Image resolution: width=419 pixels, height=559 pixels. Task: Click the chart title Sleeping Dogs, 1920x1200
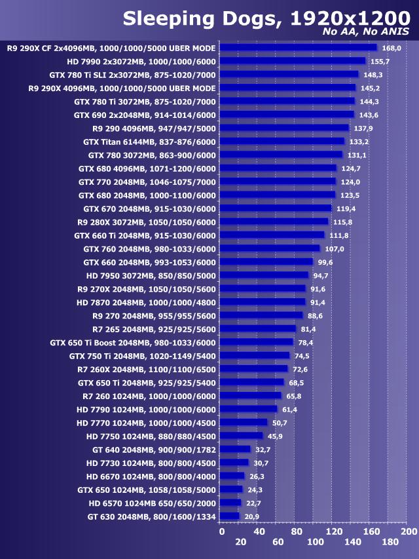tap(266, 17)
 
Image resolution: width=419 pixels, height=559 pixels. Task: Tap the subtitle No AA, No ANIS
tap(366, 31)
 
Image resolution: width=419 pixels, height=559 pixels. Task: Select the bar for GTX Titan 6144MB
tap(282, 141)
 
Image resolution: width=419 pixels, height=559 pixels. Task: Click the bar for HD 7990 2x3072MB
tap(292, 61)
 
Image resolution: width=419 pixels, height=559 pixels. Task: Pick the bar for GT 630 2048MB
tap(229, 516)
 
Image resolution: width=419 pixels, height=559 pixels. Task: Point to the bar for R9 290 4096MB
tap(284, 128)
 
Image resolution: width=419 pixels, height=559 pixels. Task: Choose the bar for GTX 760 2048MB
tap(270, 248)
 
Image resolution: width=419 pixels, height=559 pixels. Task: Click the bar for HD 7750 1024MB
tap(241, 436)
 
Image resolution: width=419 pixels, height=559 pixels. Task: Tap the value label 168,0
tap(391, 48)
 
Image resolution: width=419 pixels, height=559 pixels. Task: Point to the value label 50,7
tap(280, 423)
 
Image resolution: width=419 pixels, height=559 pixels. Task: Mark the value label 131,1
tap(356, 155)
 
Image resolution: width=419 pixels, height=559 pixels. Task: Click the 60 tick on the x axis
tap(278, 542)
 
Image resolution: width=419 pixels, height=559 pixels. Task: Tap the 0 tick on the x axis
tap(221, 531)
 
